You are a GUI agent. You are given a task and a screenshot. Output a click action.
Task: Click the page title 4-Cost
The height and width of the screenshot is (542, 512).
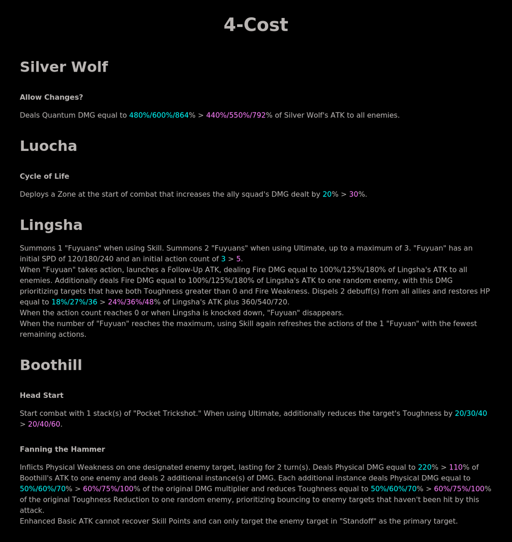(x=256, y=25)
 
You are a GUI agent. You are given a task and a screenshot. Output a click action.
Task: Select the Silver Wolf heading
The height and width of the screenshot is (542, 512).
(x=64, y=67)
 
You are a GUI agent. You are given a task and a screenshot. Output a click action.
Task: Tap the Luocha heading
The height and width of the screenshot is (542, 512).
(x=48, y=146)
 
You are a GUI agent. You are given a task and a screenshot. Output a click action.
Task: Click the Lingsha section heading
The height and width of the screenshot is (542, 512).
(x=51, y=225)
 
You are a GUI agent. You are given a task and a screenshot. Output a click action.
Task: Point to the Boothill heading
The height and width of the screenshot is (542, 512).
(x=51, y=365)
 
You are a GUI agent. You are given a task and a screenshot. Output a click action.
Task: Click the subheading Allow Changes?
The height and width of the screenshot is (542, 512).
(x=51, y=97)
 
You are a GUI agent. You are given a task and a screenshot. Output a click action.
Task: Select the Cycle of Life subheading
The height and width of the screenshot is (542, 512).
(x=45, y=176)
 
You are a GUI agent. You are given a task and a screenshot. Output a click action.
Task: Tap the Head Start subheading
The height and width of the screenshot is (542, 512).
(x=42, y=395)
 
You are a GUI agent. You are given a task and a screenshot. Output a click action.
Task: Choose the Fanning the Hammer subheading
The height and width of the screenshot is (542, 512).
(x=63, y=450)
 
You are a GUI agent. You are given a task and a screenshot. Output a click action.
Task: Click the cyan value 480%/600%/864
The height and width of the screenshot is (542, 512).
(x=159, y=115)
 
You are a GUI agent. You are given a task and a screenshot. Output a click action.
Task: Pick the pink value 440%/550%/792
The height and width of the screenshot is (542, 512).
(x=236, y=115)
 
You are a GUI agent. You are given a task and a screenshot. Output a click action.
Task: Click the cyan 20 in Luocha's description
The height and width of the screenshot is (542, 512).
(x=327, y=194)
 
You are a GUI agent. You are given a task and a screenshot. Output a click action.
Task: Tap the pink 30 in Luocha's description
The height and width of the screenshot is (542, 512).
(x=354, y=194)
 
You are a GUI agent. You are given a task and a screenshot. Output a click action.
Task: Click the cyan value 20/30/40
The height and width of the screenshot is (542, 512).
(x=471, y=413)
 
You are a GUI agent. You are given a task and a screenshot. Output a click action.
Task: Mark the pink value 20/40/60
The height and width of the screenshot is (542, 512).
(x=44, y=424)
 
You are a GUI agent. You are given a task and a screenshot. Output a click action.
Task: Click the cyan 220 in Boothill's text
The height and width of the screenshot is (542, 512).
(x=424, y=468)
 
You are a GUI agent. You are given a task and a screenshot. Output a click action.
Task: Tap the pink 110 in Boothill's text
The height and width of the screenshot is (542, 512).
(x=456, y=468)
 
